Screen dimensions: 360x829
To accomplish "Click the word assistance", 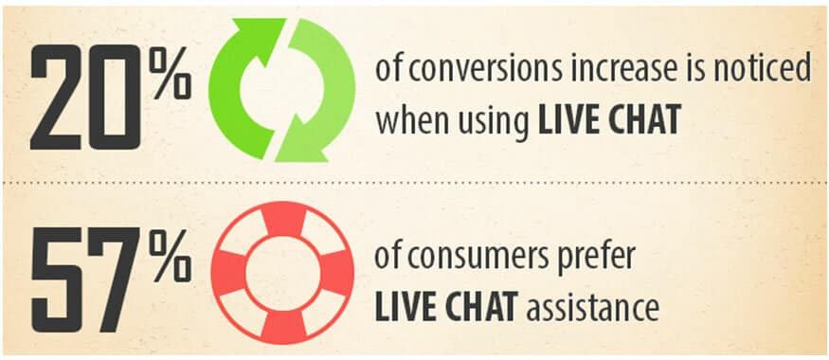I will coord(596,306).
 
